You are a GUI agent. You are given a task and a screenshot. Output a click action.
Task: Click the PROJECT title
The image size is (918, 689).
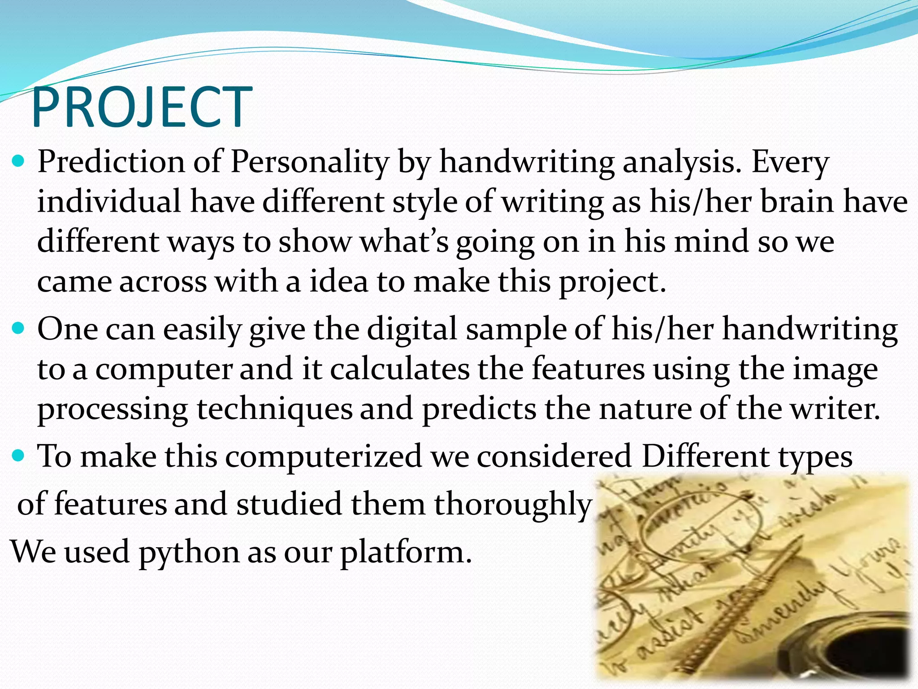pyautogui.click(x=142, y=108)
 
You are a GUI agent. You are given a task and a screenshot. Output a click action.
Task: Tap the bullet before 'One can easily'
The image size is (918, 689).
pyautogui.click(x=18, y=329)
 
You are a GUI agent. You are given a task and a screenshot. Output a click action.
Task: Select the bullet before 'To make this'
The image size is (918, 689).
pyautogui.click(x=18, y=457)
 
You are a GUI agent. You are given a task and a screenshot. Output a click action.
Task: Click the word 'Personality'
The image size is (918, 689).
pyautogui.click(x=309, y=162)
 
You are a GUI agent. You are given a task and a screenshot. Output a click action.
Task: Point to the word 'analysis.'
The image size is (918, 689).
pyautogui.click(x=682, y=162)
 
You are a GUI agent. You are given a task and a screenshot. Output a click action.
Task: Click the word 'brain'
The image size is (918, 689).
pyautogui.click(x=796, y=202)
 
